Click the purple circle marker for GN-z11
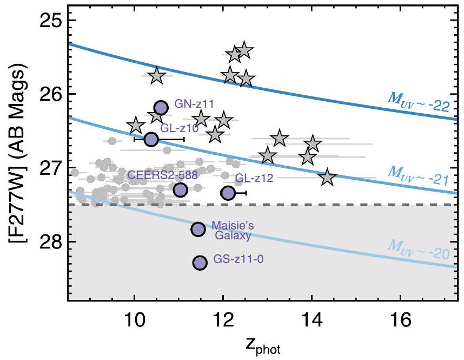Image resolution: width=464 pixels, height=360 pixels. pos(161,108)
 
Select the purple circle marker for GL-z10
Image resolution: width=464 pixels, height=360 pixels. pos(151,139)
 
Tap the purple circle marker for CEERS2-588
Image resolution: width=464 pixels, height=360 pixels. pos(180,189)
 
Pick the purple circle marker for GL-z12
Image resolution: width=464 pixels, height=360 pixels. pos(228,192)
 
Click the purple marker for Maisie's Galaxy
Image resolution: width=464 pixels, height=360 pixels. pos(198,229)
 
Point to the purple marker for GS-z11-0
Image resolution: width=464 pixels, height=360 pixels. pos(200,263)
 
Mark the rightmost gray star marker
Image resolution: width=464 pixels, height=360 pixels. pos(327,178)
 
